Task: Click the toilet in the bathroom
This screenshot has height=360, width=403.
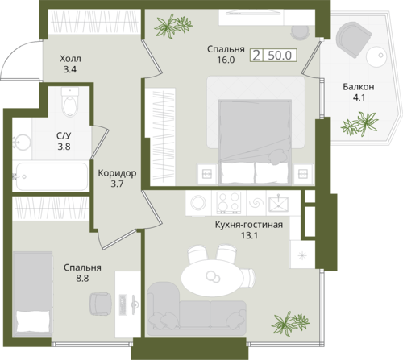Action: (70, 102)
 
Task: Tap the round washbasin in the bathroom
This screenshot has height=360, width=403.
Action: (22, 143)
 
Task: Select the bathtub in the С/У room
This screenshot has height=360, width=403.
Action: (52, 176)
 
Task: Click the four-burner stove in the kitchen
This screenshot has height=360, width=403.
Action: (229, 203)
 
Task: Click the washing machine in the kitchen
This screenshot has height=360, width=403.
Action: (198, 203)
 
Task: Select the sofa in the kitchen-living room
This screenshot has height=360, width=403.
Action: (196, 309)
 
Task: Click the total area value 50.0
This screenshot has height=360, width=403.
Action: (280, 56)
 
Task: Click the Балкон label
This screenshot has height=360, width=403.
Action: (359, 87)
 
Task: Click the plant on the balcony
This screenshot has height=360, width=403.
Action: (359, 124)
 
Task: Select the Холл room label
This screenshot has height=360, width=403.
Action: (70, 59)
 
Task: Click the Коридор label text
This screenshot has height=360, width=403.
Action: (117, 173)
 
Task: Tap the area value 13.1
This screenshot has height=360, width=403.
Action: (250, 235)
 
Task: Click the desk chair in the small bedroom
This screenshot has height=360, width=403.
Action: (100, 304)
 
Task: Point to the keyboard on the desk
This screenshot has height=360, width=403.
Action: (123, 305)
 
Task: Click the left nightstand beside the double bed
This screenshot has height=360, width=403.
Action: (207, 174)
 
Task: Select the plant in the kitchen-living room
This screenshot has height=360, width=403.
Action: (290, 323)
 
